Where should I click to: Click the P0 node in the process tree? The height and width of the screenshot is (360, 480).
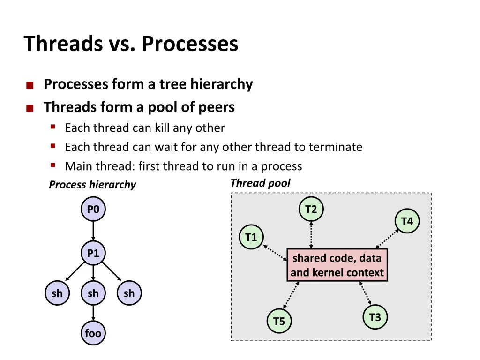(x=93, y=209)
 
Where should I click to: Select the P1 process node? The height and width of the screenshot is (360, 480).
(x=93, y=253)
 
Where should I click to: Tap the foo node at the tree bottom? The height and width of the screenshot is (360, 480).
(x=93, y=333)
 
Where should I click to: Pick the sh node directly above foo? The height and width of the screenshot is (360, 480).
(x=93, y=293)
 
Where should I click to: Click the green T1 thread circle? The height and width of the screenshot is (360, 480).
(x=251, y=237)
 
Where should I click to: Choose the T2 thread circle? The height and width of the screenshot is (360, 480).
(x=311, y=209)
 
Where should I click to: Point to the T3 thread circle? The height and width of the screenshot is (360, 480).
(x=375, y=317)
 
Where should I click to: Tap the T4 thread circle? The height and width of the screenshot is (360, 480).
(x=407, y=221)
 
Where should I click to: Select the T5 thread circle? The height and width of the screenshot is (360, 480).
(x=279, y=321)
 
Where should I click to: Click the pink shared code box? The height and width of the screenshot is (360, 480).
(x=337, y=265)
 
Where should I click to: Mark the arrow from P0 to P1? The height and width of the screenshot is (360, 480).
(x=93, y=231)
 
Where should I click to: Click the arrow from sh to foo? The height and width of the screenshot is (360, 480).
(x=93, y=313)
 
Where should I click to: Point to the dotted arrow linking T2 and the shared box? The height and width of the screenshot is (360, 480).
(x=311, y=235)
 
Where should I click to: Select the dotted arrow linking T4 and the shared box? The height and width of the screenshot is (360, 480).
(x=387, y=239)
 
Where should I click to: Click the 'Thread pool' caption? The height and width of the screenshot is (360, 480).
(x=260, y=183)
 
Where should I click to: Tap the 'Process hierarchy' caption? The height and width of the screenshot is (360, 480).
(x=92, y=185)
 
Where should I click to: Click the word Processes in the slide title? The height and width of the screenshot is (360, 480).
(x=190, y=44)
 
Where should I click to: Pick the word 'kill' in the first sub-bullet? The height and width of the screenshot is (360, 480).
(x=162, y=127)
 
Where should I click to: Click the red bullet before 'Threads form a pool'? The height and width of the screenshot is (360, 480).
(x=30, y=108)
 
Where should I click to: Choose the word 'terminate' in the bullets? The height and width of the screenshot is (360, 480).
(x=336, y=147)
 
